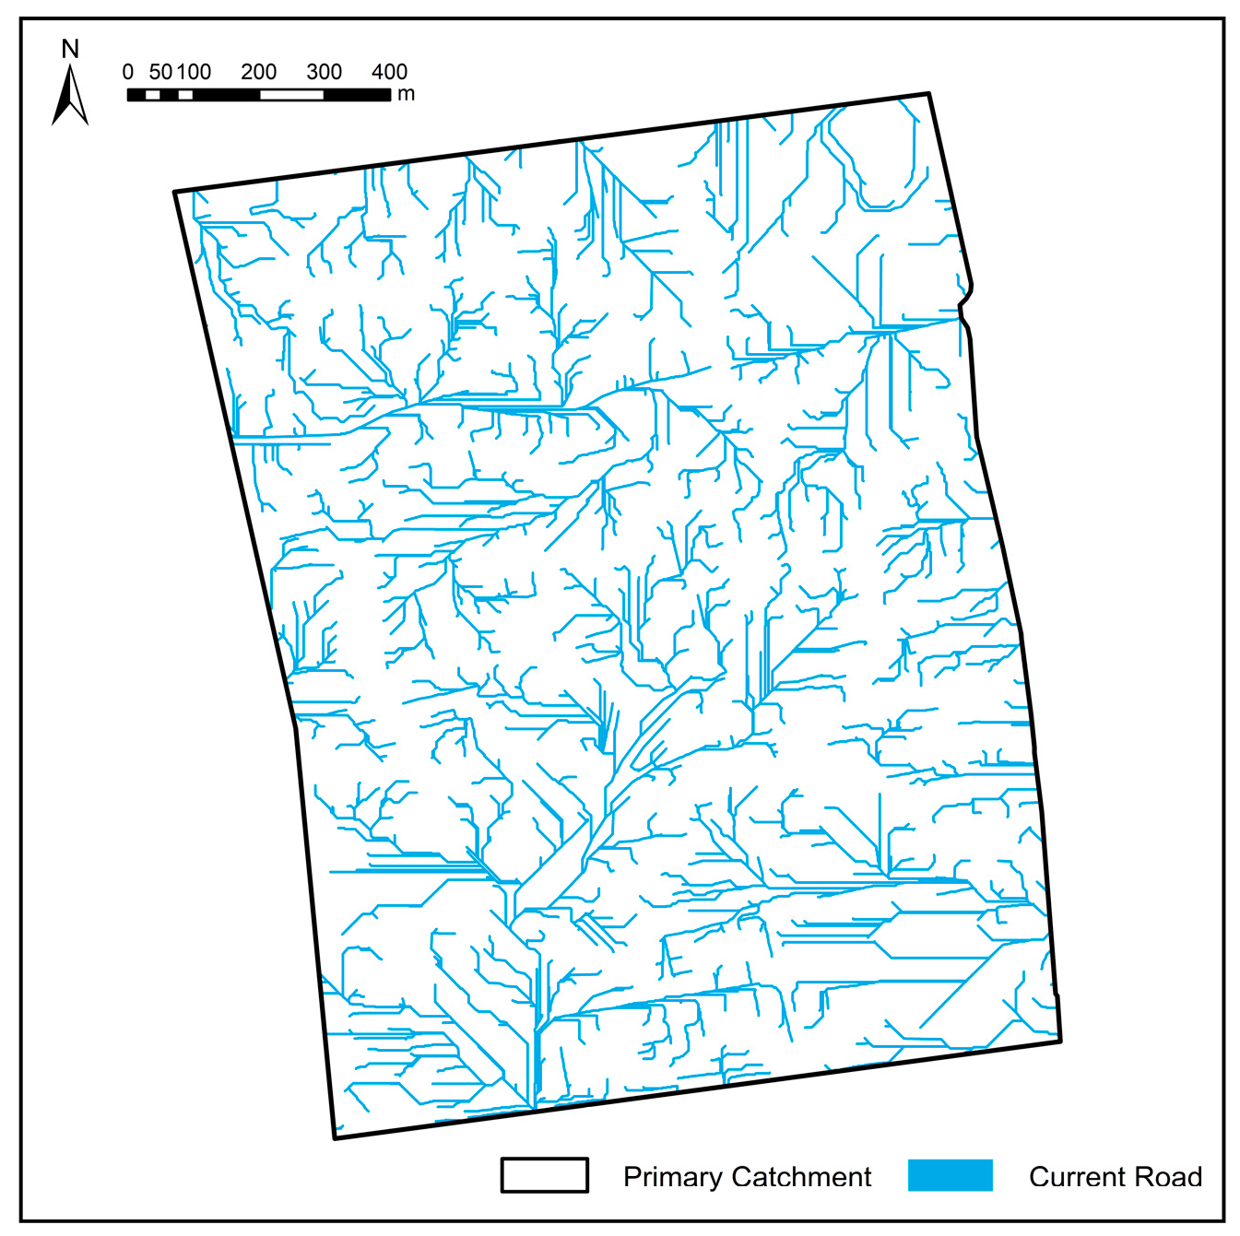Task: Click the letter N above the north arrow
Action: [x=70, y=49]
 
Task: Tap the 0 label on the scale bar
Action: [x=128, y=72]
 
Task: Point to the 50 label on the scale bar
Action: [x=160, y=72]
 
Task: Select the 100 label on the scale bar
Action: [x=195, y=72]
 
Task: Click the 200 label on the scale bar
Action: [x=259, y=72]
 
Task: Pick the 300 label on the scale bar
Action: [x=325, y=72]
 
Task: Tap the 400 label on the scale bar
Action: [x=389, y=72]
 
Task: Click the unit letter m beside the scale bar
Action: [x=407, y=94]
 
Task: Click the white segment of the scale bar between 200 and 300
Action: [x=291, y=95]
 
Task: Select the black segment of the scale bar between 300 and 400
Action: [x=357, y=95]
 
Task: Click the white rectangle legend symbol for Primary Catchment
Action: [x=545, y=1175]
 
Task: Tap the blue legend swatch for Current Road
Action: [x=950, y=1175]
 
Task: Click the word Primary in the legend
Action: [x=672, y=1177]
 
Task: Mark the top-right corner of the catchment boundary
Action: [x=928, y=93]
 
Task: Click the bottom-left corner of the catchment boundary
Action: [x=335, y=1138]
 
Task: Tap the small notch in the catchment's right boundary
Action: [x=964, y=300]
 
